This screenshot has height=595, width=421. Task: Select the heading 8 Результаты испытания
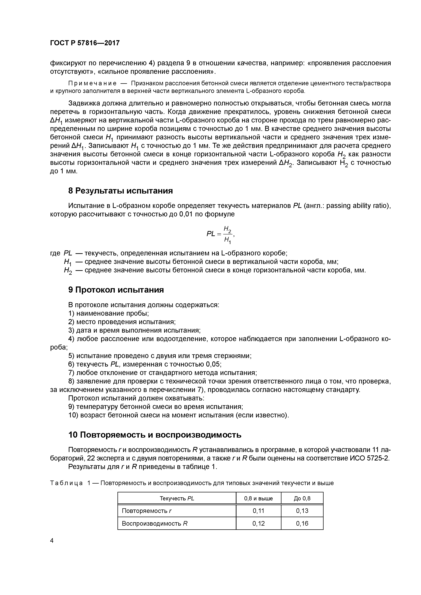[x=120, y=191]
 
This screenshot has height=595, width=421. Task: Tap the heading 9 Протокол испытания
[x=116, y=290]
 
